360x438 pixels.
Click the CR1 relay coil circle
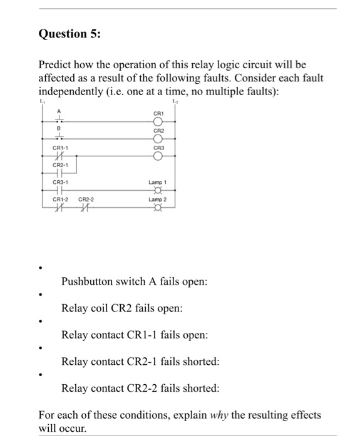pos(158,121)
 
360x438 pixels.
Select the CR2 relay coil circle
pos(158,138)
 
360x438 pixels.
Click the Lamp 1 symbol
pos(158,191)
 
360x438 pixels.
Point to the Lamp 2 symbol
pos(158,209)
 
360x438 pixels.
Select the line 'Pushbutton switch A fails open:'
pos(133,282)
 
